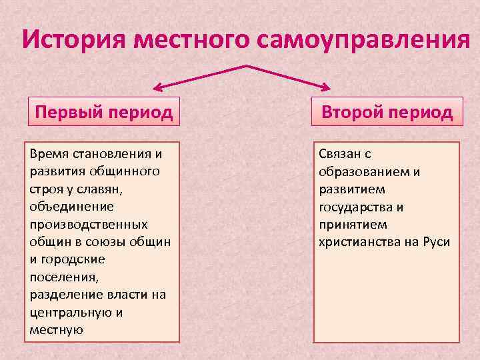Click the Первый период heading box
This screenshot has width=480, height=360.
point(103,111)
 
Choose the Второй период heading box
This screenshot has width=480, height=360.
point(387,111)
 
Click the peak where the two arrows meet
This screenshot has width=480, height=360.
point(247,65)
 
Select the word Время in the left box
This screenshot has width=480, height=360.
point(49,154)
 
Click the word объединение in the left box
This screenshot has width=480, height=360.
point(71,207)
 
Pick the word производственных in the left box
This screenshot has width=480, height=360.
point(89,224)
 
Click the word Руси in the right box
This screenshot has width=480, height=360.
point(436,241)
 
